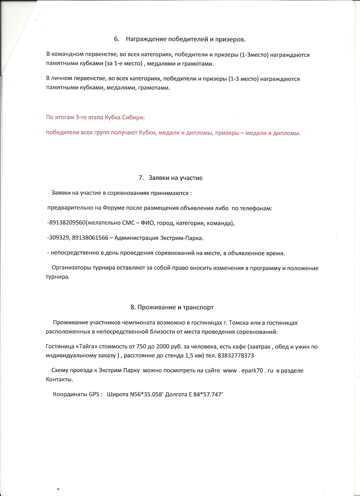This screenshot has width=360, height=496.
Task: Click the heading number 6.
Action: click(116, 39)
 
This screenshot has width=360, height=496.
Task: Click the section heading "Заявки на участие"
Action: click(176, 178)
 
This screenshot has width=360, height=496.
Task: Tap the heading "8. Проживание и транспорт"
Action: click(172, 307)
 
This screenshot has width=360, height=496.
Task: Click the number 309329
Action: click(57, 238)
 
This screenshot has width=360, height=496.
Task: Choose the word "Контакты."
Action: click(59, 379)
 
